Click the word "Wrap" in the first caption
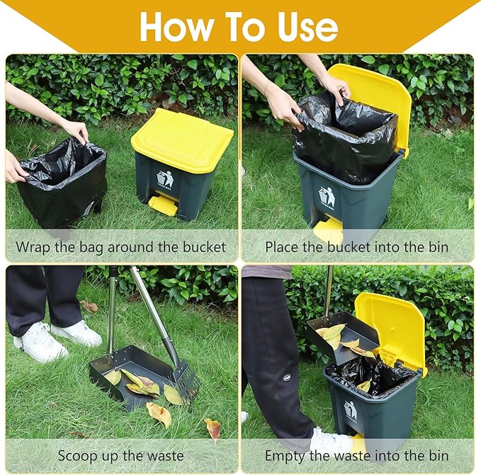[x=35, y=247]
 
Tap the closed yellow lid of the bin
[x=181, y=139]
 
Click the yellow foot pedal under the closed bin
[x=164, y=205]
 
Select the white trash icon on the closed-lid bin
[x=165, y=179]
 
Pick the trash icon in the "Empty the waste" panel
[x=350, y=410]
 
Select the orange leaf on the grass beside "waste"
[x=212, y=427]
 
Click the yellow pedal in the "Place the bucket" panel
[x=329, y=229]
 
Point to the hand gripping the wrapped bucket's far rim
[x=76, y=130]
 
